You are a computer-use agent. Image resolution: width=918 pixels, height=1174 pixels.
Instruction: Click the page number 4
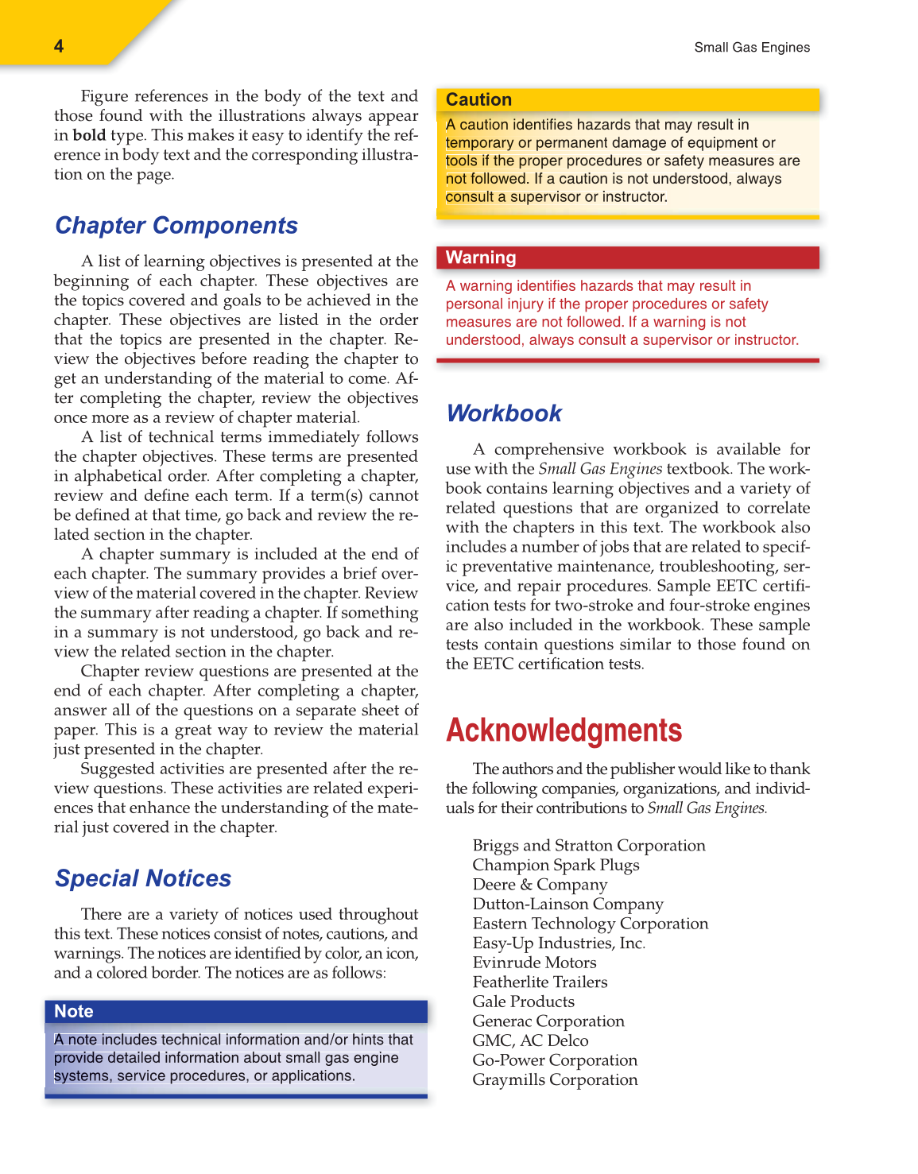[x=59, y=46]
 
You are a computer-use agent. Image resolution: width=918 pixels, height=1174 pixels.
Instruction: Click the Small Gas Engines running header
[x=751, y=48]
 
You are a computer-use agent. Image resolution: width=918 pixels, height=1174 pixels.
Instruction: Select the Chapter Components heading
[x=176, y=226]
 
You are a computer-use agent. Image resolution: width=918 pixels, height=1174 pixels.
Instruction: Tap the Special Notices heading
[x=143, y=878]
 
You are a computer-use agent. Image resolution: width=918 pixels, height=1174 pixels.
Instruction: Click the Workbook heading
[x=504, y=413]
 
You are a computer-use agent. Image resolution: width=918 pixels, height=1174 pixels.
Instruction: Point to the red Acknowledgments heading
[x=564, y=730]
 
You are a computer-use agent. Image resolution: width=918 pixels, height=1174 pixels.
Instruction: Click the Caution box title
[x=478, y=100]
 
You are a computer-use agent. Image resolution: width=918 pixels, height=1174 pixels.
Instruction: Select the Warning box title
[x=481, y=258]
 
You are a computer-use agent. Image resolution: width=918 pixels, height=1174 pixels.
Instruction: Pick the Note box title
[x=74, y=1012]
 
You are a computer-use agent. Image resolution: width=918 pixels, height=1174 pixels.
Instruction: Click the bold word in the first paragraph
[x=89, y=135]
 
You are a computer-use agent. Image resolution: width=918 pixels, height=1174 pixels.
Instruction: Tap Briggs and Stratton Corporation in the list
[x=588, y=846]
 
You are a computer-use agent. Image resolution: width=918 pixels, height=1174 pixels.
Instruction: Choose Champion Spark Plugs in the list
[x=556, y=866]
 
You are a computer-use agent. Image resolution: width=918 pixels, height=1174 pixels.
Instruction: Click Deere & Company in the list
[x=540, y=885]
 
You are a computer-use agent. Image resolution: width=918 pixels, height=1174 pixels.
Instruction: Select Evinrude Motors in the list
[x=534, y=963]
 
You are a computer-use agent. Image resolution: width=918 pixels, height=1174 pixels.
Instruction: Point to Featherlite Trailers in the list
[x=540, y=982]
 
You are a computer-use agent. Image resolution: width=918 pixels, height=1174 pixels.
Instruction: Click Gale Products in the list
[x=523, y=1002]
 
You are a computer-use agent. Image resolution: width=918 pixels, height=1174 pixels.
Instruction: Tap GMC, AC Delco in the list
[x=530, y=1040]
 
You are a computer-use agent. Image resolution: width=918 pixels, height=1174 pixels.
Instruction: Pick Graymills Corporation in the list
[x=555, y=1080]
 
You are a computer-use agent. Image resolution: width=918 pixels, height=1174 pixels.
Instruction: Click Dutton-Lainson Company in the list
[x=567, y=905]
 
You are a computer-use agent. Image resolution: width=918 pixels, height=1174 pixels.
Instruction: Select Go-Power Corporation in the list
[x=555, y=1060]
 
